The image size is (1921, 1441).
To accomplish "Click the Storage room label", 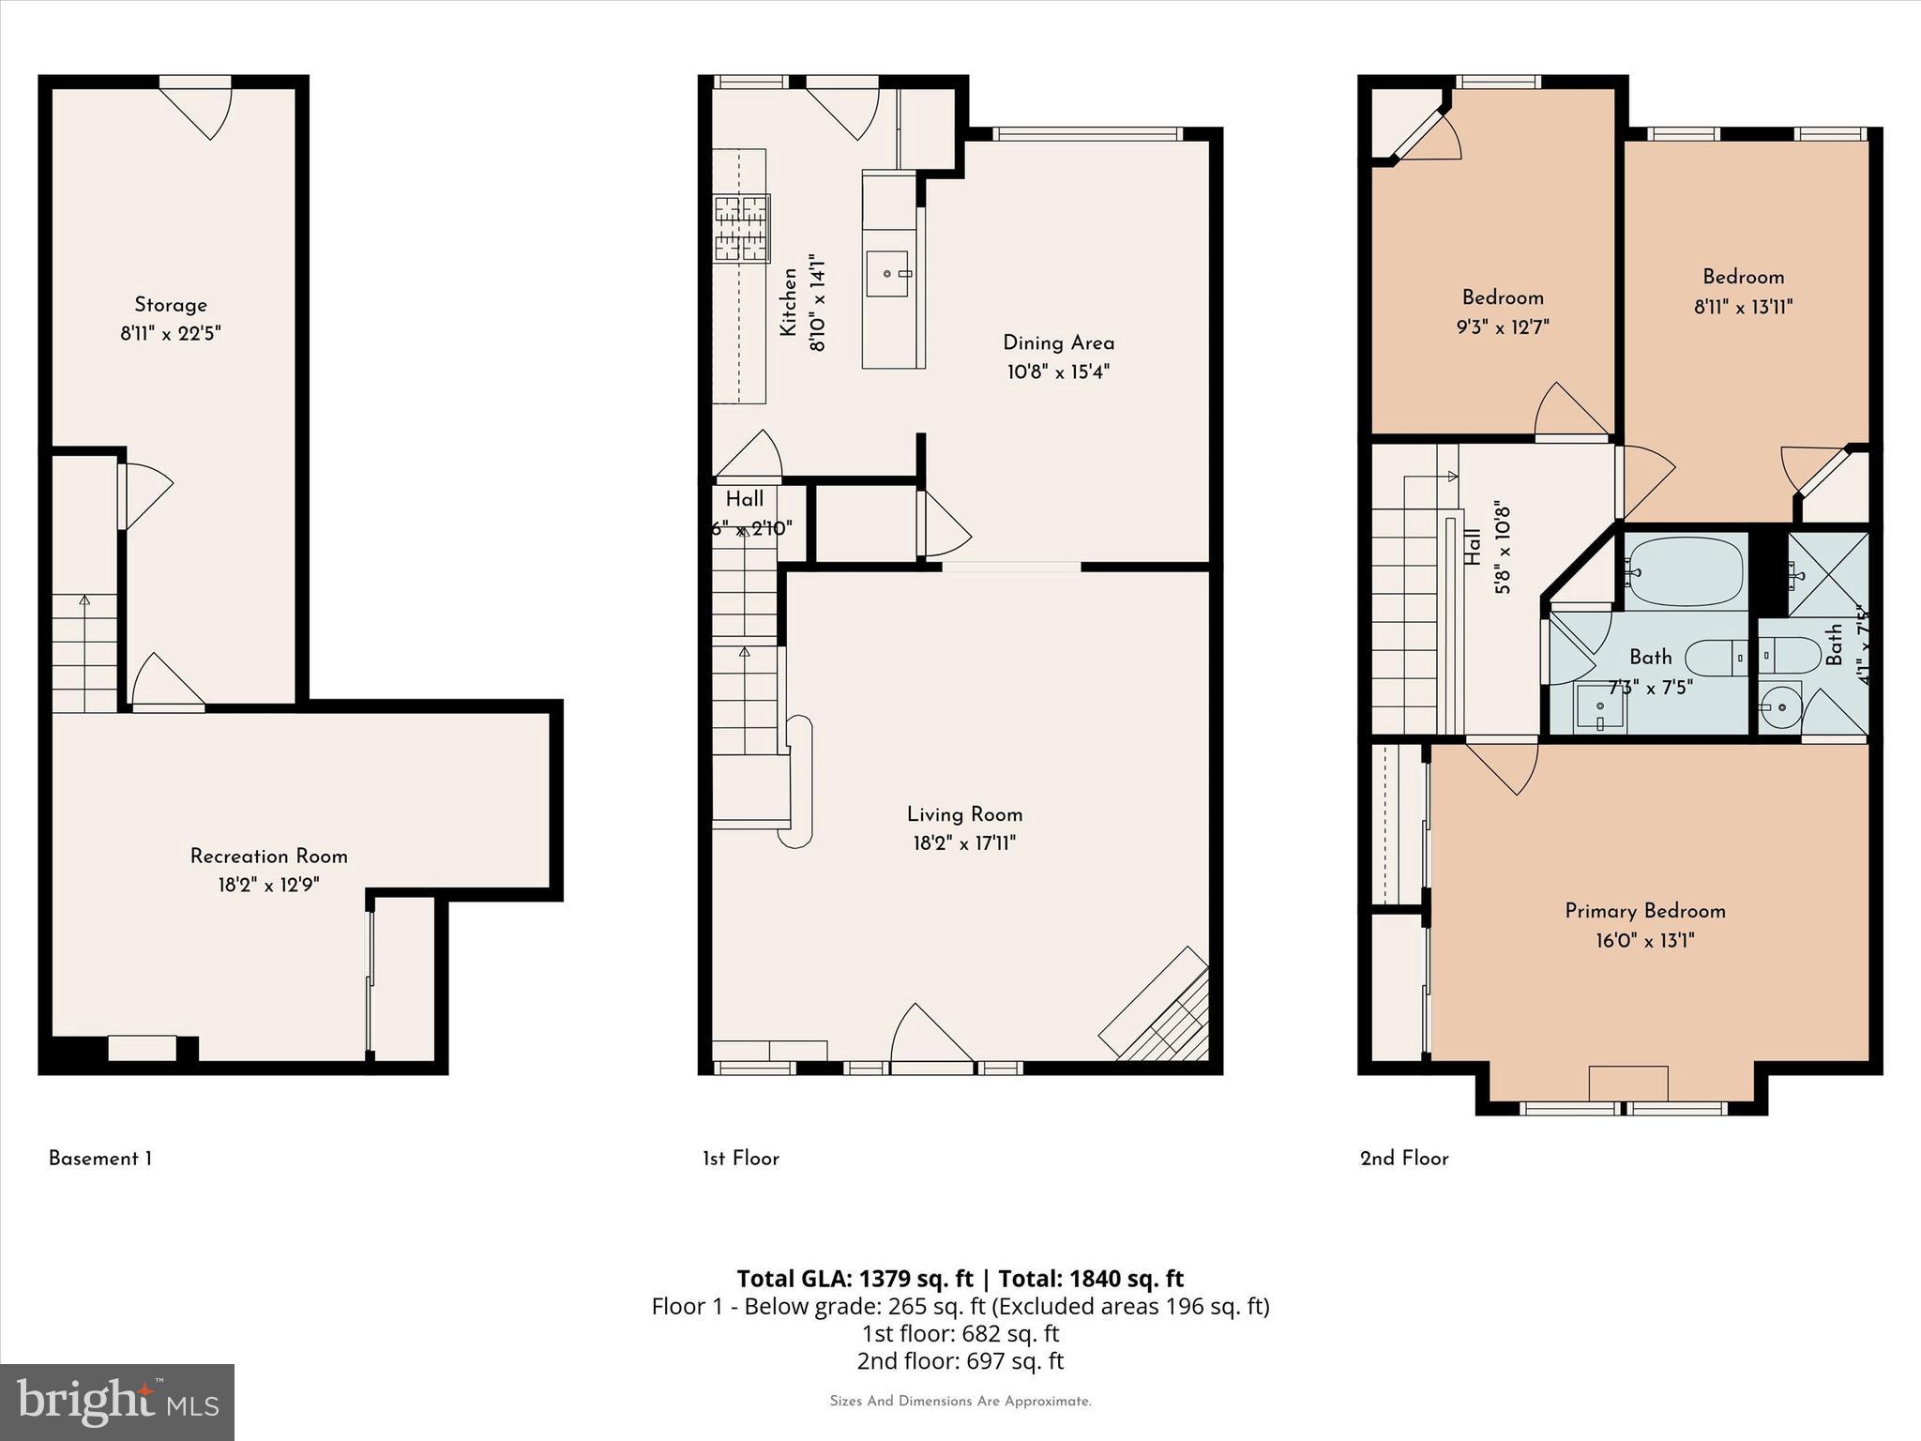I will click(x=170, y=305).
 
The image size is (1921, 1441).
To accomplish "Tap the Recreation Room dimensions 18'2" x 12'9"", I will click(x=269, y=885).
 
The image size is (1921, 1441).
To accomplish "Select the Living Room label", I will click(x=964, y=814).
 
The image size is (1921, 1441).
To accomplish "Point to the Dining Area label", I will click(x=1058, y=342).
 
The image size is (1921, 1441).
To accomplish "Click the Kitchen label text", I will click(x=789, y=302).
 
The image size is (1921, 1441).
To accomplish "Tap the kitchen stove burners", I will click(x=741, y=227).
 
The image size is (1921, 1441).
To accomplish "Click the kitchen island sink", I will click(x=887, y=273).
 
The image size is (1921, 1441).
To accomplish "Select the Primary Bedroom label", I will click(x=1645, y=910).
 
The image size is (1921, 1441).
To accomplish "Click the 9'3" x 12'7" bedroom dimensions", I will click(x=1503, y=327).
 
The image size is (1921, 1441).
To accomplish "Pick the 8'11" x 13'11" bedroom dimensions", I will click(x=1743, y=307).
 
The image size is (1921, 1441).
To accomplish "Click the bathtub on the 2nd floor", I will click(x=1686, y=571).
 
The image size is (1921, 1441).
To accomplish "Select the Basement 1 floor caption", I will click(x=100, y=1159).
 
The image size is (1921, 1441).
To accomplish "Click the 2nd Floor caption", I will click(x=1404, y=1159).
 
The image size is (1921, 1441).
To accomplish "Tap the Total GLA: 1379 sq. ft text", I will click(x=855, y=1279).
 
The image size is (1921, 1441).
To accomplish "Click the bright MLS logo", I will click(x=117, y=1402).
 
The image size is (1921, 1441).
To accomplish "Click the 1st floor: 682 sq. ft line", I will click(x=960, y=1333).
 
